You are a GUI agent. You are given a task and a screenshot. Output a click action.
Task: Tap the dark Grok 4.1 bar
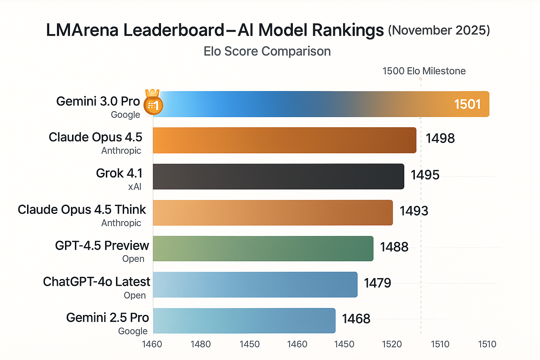pyautogui.click(x=278, y=176)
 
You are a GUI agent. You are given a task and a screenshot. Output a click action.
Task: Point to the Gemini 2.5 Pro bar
pyautogui.click(x=244, y=321)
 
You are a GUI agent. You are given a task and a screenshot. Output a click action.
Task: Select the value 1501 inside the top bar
pyautogui.click(x=467, y=104)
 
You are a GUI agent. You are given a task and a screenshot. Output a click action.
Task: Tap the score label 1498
pyautogui.click(x=440, y=138)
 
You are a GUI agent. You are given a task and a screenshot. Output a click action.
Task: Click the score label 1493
pyautogui.click(x=414, y=211)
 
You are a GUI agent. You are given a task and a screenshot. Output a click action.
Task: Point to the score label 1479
pyautogui.click(x=377, y=283)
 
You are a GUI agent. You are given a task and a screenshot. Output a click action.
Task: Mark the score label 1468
pyautogui.click(x=356, y=319)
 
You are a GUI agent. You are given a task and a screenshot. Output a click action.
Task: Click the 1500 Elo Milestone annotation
pyautogui.click(x=424, y=71)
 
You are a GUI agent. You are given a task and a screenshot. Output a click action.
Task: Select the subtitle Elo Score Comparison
pyautogui.click(x=267, y=51)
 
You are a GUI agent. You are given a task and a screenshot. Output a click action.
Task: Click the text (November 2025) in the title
pyautogui.click(x=439, y=30)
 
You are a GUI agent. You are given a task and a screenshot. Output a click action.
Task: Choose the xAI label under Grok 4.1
pyautogui.click(x=135, y=187)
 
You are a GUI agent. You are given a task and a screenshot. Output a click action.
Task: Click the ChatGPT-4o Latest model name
pyautogui.click(x=96, y=282)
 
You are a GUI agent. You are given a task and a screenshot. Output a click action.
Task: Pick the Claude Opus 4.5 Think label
pyautogui.click(x=82, y=210)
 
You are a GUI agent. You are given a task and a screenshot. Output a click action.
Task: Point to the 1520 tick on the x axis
pyautogui.click(x=392, y=344)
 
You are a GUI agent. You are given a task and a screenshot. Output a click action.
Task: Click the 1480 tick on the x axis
pyautogui.click(x=200, y=344)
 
